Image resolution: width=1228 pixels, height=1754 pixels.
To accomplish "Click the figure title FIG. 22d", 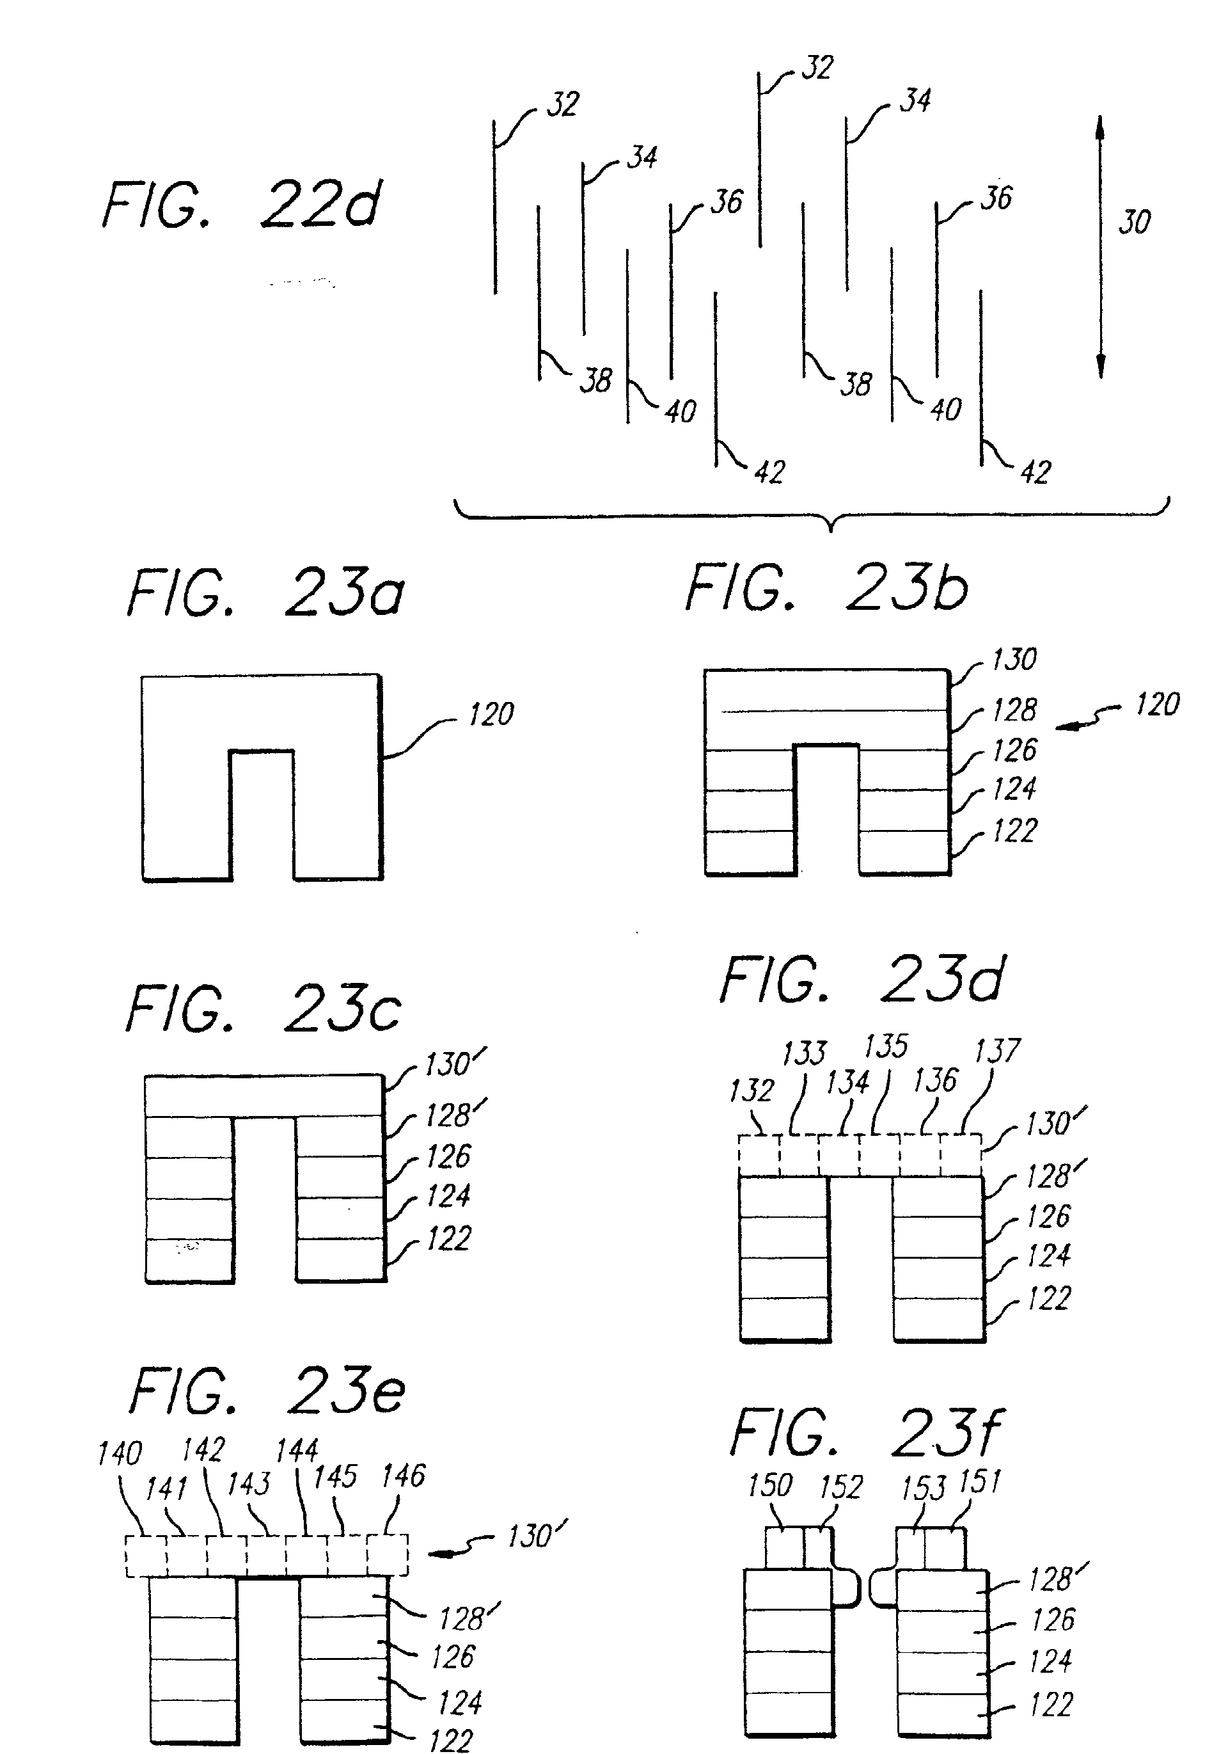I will pos(241,204).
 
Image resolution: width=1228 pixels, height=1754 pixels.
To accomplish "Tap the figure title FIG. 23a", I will pos(266,593).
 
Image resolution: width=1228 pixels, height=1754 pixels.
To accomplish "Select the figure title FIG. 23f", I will pos(867,1434).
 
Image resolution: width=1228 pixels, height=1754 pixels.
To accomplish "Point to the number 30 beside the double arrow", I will pos(1134,222).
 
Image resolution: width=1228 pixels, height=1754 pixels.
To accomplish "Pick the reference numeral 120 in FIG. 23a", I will pos(491,714).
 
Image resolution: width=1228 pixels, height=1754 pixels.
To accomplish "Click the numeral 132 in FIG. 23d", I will pos(752,1090).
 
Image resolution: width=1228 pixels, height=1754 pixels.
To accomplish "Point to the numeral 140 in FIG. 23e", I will pos(120,1453).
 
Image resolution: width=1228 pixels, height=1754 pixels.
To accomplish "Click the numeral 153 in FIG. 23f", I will pos(924,1488).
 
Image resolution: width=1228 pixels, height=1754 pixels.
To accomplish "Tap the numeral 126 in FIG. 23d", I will pos(1048,1217).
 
